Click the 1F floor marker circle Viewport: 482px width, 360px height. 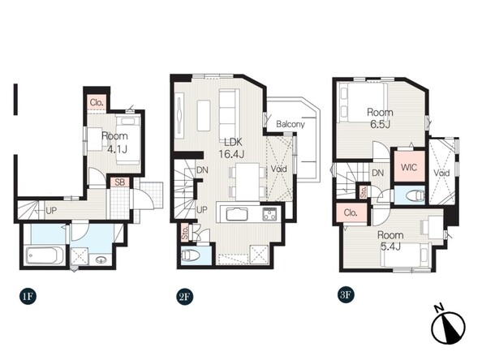tap(28, 297)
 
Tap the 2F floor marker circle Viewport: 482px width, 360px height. tap(185, 297)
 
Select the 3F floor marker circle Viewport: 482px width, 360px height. tap(345, 295)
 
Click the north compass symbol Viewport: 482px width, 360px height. tap(448, 326)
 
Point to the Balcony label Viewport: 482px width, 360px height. tap(290, 124)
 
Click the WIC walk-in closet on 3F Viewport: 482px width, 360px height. tap(409, 166)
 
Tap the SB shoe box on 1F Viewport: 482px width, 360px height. tap(120, 182)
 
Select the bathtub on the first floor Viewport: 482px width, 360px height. tap(45, 255)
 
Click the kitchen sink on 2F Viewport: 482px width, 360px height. tap(237, 214)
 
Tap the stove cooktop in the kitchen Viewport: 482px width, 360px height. tap(269, 214)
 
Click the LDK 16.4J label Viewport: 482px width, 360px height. tap(231, 148)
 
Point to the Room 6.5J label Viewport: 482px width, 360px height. tap(380, 118)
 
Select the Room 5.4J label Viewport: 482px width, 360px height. tap(390, 241)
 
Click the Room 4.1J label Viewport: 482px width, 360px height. tap(114, 143)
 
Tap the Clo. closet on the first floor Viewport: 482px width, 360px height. tap(97, 103)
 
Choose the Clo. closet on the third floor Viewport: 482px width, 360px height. tap(351, 212)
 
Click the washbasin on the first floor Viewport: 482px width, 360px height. tap(100, 259)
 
